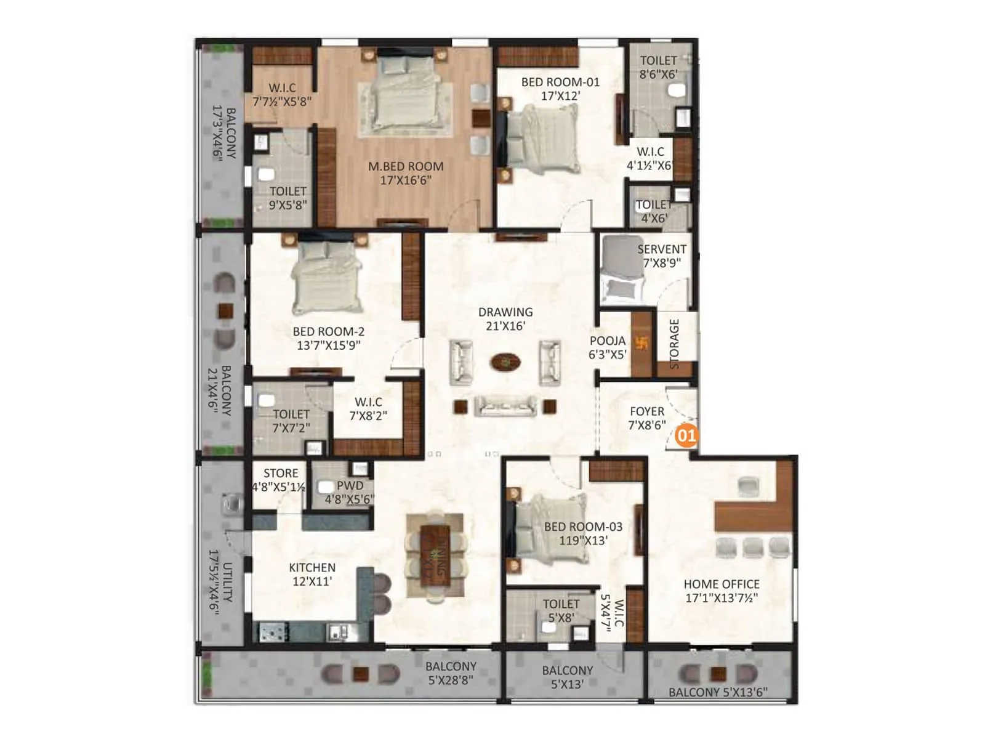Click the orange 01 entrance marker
click(x=686, y=436)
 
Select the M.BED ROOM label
click(x=406, y=173)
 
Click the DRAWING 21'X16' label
click(x=505, y=319)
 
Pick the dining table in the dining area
click(x=435, y=556)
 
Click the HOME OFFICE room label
click(x=722, y=591)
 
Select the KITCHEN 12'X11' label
click(x=312, y=574)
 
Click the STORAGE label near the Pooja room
click(x=674, y=343)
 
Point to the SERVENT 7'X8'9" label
click(x=661, y=256)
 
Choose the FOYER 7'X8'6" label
click(x=647, y=418)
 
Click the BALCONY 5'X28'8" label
click(x=451, y=673)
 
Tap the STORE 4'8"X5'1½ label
click(x=280, y=480)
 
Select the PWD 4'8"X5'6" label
click(x=349, y=492)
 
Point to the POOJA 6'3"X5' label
click(x=608, y=347)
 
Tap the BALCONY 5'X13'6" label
click(x=718, y=692)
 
